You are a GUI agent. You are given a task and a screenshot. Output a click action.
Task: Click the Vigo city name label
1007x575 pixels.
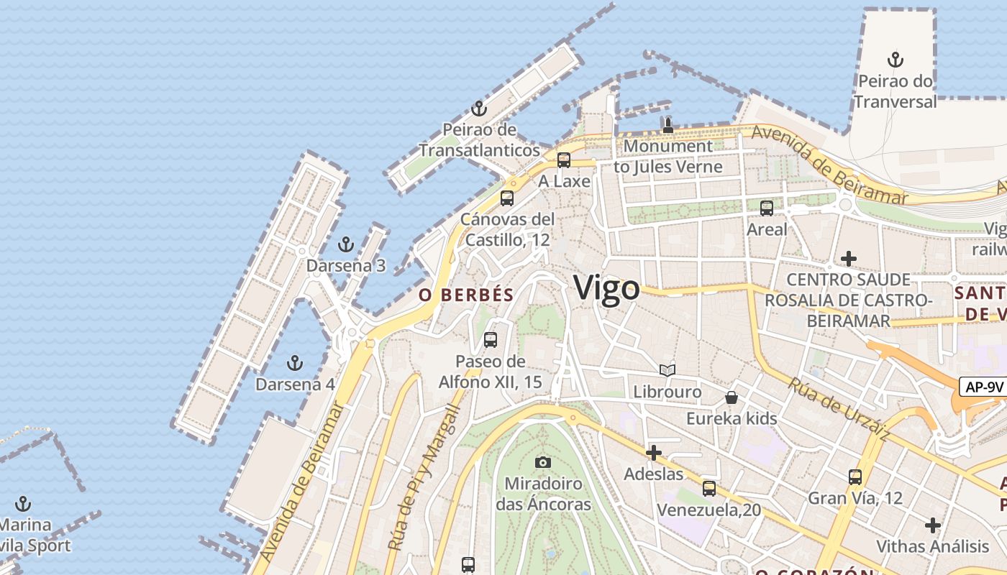pyautogui.click(x=606, y=289)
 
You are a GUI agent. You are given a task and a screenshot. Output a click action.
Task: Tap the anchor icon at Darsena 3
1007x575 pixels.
pyautogui.click(x=346, y=245)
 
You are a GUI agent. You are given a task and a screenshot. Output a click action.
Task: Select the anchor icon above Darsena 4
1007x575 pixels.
pyautogui.click(x=294, y=363)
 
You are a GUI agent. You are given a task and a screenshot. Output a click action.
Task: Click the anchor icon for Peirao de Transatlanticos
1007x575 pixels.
pyautogui.click(x=478, y=109)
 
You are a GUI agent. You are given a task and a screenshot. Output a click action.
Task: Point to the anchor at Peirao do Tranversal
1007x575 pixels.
pyautogui.click(x=896, y=60)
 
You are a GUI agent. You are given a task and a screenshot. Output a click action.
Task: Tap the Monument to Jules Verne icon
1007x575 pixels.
pyautogui.click(x=667, y=126)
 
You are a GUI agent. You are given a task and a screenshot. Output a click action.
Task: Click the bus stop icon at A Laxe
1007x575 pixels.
pyautogui.click(x=564, y=160)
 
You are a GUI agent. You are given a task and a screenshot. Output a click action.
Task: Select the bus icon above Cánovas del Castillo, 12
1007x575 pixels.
pyautogui.click(x=507, y=198)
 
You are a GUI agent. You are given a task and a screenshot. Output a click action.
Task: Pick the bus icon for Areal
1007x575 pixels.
pyautogui.click(x=767, y=208)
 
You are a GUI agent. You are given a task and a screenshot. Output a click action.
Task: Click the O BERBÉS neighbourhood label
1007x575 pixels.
pyautogui.click(x=467, y=295)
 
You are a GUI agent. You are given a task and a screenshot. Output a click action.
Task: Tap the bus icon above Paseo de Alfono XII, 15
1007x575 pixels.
pyautogui.click(x=491, y=340)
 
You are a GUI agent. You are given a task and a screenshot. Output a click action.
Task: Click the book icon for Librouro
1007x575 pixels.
pyautogui.click(x=667, y=370)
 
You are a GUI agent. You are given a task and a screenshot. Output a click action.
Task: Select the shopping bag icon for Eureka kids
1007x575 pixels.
pyautogui.click(x=732, y=397)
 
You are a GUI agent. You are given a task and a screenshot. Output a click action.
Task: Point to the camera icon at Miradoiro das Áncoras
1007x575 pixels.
pyautogui.click(x=543, y=462)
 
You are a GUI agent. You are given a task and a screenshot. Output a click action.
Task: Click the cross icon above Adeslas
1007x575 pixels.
pyautogui.click(x=653, y=453)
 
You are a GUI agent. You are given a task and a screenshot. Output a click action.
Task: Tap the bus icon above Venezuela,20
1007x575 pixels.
pyautogui.click(x=709, y=489)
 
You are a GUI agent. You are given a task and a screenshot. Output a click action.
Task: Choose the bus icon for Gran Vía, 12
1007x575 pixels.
pyautogui.click(x=855, y=477)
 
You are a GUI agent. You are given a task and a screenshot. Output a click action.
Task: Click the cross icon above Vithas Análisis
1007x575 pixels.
pyautogui.click(x=933, y=525)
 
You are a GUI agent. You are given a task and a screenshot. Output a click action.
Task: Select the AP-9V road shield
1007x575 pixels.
pyautogui.click(x=983, y=387)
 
